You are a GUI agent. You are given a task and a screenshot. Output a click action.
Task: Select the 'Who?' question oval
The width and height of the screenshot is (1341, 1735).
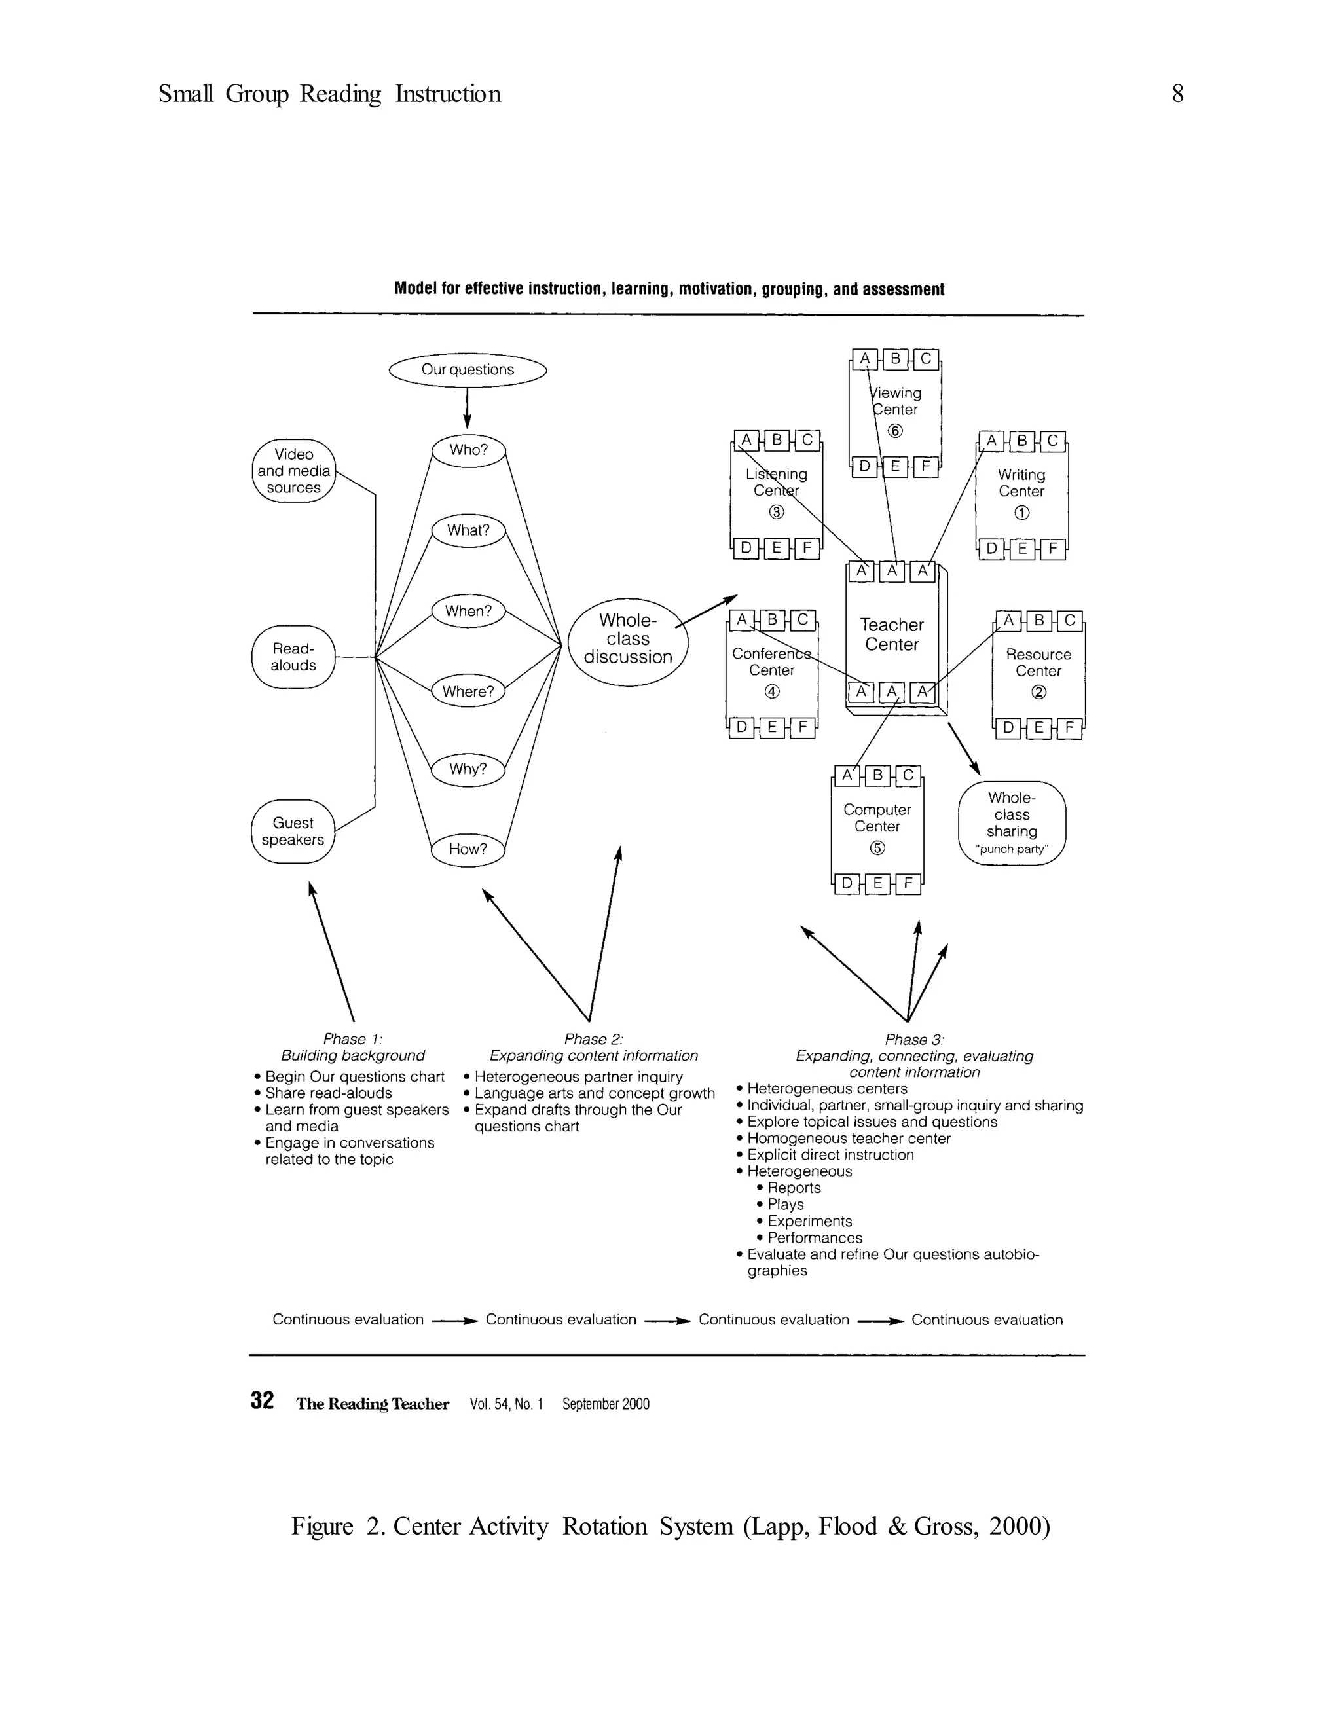(x=468, y=450)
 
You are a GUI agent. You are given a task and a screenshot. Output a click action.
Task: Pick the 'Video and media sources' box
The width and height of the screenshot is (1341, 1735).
(x=293, y=471)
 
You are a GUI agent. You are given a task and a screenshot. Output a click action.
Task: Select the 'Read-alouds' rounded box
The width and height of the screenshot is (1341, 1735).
(x=293, y=657)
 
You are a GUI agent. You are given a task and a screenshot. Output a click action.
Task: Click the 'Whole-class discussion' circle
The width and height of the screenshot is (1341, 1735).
(x=627, y=640)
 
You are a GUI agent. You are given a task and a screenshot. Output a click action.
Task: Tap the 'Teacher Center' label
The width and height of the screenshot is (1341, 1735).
(x=891, y=634)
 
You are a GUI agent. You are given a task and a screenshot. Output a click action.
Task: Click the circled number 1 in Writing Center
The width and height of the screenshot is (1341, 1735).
(x=1021, y=513)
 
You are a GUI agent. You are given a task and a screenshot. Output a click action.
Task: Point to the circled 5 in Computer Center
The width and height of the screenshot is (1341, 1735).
(x=877, y=848)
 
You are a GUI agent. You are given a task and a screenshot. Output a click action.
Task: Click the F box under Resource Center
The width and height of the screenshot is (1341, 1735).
(x=1069, y=727)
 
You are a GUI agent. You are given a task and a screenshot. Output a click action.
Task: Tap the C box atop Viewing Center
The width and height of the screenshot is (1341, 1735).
(x=925, y=359)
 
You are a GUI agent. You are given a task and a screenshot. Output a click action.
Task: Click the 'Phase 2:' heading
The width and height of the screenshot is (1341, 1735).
(x=593, y=1039)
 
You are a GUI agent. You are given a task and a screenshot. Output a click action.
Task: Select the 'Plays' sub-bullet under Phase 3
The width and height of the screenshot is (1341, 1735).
(x=785, y=1204)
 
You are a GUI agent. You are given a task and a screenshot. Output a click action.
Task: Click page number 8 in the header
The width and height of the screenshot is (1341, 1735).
(x=1177, y=94)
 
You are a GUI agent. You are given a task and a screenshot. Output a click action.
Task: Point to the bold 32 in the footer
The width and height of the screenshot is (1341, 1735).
(x=262, y=1400)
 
